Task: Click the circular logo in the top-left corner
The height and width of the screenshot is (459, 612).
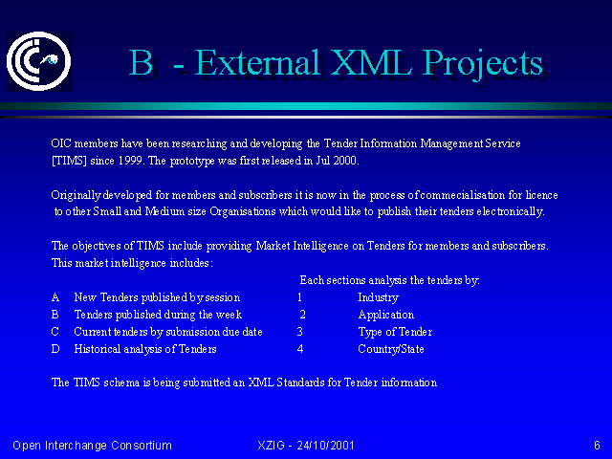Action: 39,61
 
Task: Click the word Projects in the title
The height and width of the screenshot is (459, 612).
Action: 483,64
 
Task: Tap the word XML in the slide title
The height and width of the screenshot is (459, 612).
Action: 371,62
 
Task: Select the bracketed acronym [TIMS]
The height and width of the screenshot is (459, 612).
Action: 69,161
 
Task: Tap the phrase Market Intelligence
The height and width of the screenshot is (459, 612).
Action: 302,246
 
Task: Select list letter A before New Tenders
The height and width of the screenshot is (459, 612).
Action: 55,297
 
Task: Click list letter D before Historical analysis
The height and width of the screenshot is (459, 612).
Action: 55,349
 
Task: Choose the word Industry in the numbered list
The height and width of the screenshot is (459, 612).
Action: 379,297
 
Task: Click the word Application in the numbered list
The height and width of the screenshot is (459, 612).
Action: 386,315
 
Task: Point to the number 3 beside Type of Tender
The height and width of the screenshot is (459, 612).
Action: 299,332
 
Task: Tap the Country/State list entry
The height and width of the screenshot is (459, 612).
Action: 391,349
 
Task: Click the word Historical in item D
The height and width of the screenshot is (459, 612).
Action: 97,349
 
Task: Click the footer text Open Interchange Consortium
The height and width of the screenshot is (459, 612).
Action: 92,446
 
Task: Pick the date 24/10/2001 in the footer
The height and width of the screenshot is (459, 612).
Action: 325,446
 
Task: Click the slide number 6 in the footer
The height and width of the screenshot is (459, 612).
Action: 597,446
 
